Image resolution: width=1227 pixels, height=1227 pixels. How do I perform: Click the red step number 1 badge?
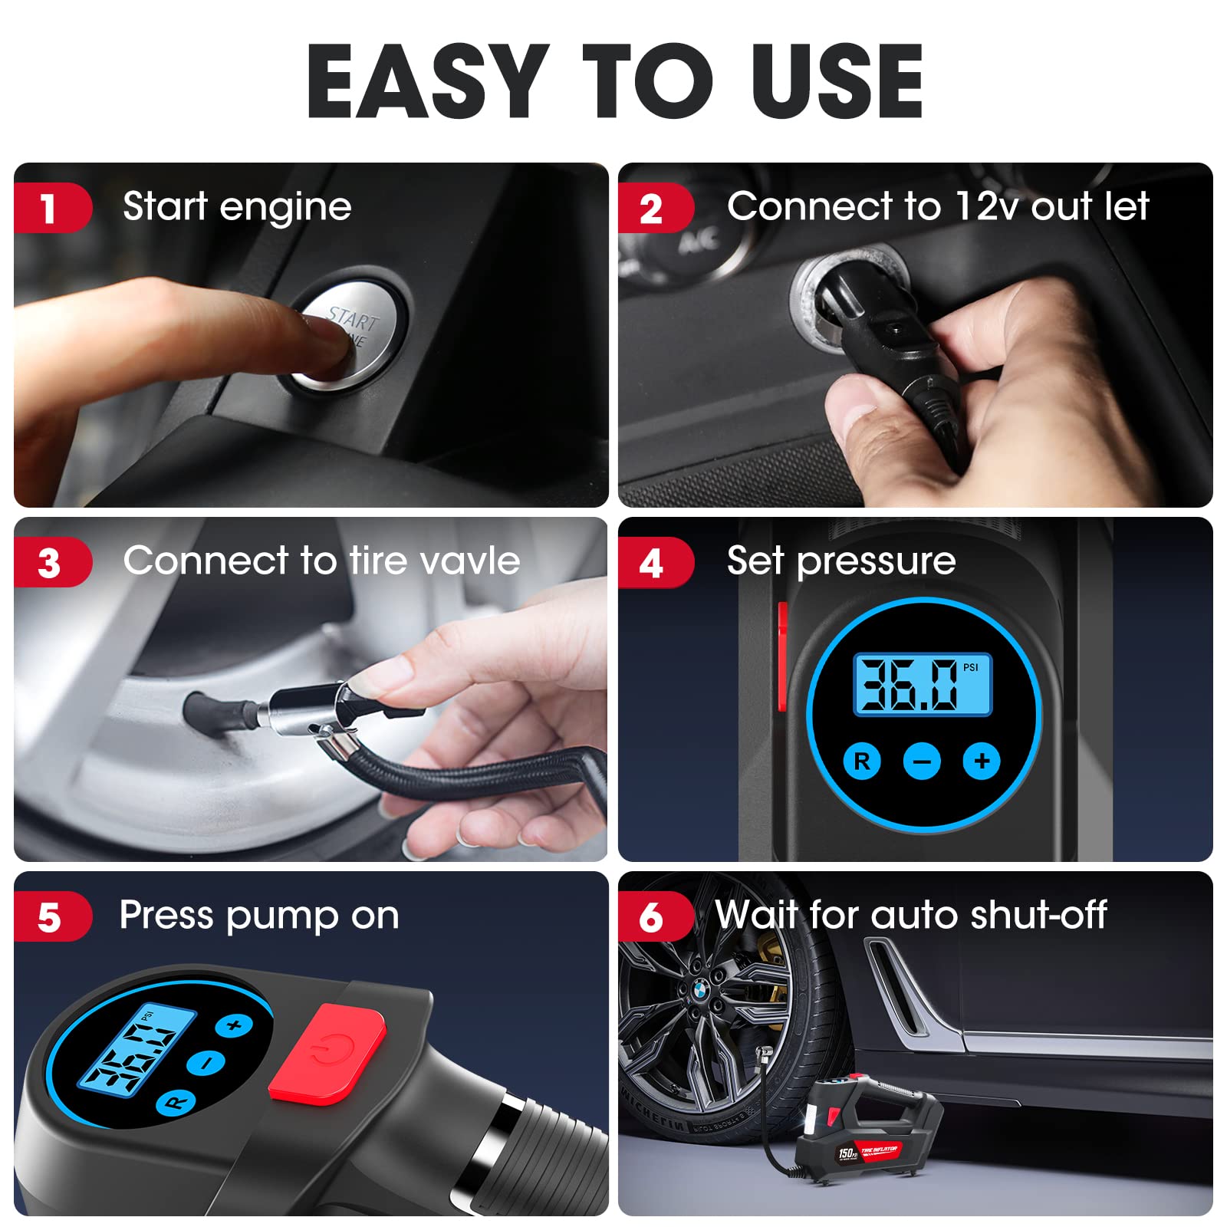coord(49,209)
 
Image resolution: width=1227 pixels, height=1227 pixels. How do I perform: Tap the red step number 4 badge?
coord(652,564)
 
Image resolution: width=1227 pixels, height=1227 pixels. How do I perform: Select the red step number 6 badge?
coord(652,917)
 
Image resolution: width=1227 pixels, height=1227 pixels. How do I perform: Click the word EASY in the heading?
coord(428,82)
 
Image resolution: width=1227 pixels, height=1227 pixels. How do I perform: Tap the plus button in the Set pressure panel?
coord(982,762)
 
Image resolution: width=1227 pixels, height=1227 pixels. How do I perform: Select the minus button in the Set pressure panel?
coord(922,762)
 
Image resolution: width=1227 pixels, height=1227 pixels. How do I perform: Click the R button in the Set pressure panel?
coord(862,762)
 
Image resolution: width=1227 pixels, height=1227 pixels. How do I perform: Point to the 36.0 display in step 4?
coord(923,685)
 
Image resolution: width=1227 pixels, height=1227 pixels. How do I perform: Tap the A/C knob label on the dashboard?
coord(699,241)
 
